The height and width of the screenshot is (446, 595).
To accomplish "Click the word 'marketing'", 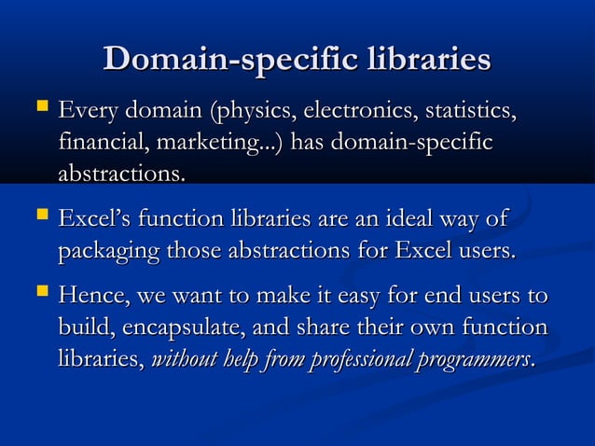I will tap(208, 146).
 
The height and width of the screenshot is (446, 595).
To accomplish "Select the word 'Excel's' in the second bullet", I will tap(94, 221).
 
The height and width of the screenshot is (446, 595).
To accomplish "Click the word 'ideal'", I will tap(408, 221).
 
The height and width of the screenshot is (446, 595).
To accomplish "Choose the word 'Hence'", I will tap(91, 299).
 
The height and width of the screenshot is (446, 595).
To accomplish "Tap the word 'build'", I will tap(81, 328).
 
